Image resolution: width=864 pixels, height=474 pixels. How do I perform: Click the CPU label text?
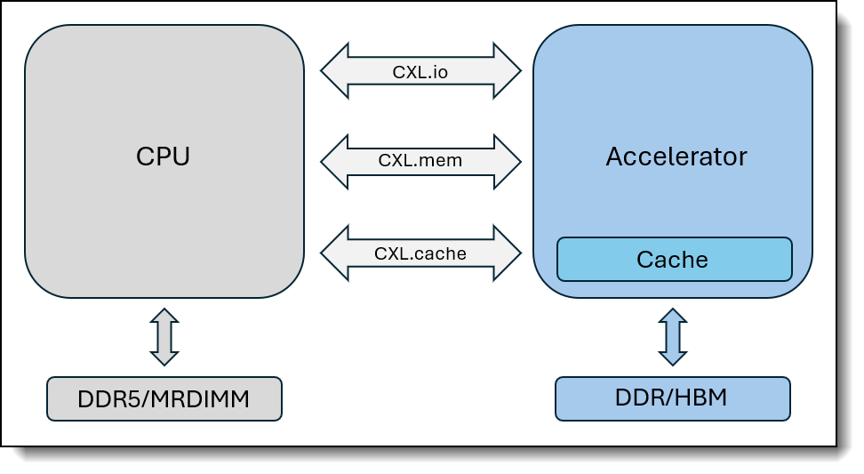tap(163, 157)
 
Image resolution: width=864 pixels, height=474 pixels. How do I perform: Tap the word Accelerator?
tap(676, 157)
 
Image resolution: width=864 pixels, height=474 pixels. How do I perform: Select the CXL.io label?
tap(420, 72)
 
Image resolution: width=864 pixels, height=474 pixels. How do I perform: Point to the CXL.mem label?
tap(420, 160)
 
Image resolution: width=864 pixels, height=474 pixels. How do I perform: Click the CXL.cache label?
tap(420, 253)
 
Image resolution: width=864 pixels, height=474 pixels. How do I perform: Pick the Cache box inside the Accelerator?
tap(675, 259)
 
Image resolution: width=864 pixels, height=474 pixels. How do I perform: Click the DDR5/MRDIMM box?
tap(164, 399)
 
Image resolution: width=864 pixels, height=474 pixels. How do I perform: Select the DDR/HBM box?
tap(672, 399)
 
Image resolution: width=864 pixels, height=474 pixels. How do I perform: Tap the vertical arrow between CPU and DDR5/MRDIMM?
tap(164, 337)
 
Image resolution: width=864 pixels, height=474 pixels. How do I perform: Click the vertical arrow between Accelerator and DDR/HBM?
tap(673, 337)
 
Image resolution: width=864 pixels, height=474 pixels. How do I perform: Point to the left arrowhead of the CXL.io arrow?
tap(334, 71)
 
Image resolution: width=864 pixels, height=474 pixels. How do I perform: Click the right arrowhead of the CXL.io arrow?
tap(507, 71)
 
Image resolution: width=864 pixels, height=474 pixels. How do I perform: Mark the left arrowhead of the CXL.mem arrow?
tap(334, 162)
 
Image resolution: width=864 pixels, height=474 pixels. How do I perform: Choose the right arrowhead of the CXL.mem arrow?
tap(507, 162)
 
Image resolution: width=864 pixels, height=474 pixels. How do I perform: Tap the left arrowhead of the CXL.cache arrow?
tap(334, 253)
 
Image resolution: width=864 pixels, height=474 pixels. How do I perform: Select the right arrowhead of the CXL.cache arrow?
tap(507, 253)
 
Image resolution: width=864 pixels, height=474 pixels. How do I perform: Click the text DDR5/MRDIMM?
tap(164, 399)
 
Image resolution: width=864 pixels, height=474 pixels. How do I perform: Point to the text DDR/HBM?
tap(671, 398)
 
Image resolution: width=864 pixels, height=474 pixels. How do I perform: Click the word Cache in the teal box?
tap(672, 260)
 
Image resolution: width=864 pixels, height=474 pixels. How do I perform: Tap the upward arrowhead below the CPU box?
tap(164, 316)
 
